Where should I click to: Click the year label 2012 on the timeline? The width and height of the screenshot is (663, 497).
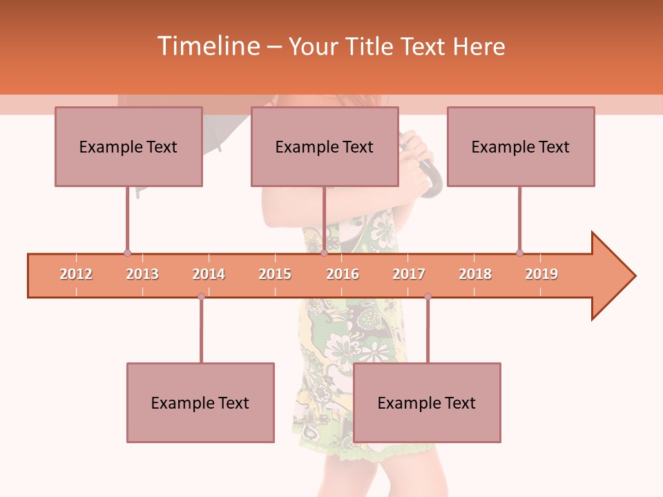pos(76,274)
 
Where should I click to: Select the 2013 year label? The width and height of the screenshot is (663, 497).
pos(142,274)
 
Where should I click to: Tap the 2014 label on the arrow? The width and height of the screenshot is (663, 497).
pos(209,274)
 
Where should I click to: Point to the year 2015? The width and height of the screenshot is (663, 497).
pos(275,274)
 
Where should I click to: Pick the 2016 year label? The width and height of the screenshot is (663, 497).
pos(343,274)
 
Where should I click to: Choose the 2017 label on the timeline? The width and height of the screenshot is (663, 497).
pos(409,274)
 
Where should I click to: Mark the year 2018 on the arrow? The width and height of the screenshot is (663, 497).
pos(475,274)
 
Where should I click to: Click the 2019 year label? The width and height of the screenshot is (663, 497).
pos(541,274)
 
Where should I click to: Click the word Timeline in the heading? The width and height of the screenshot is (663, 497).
pos(206,46)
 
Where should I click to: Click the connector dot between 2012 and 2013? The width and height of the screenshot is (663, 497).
pos(127,253)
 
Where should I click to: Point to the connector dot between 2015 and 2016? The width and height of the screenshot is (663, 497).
pos(324,253)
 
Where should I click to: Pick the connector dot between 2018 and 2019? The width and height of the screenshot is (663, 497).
pos(520,253)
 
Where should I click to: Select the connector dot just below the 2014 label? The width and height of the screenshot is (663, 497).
pos(201,296)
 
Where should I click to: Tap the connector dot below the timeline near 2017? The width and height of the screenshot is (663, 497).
pos(427,296)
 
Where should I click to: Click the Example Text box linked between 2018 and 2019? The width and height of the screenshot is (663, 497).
pos(521,146)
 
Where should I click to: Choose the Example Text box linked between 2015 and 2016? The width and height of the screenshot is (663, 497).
pos(325,146)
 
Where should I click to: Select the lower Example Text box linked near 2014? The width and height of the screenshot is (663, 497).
pos(200,402)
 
